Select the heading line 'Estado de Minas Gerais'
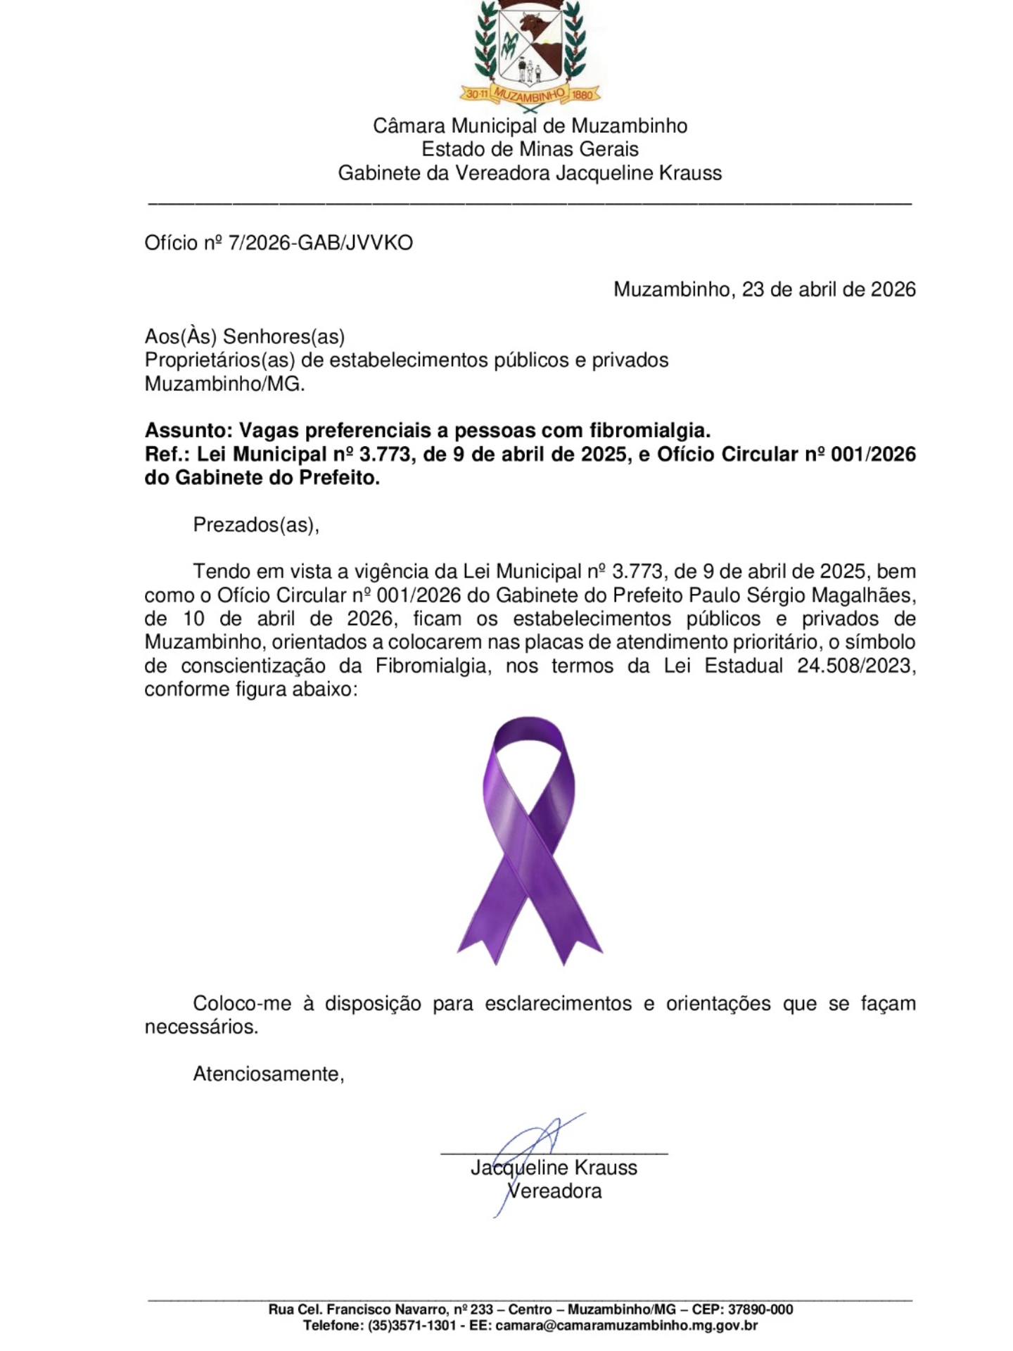(x=530, y=149)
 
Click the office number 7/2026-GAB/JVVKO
(x=320, y=243)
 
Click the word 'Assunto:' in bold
(x=188, y=430)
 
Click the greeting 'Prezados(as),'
(x=256, y=525)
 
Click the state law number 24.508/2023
(x=856, y=666)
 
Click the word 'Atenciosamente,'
(x=269, y=1074)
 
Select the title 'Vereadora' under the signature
(x=554, y=1191)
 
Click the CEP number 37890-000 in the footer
(x=761, y=1309)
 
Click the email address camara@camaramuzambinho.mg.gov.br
(x=626, y=1326)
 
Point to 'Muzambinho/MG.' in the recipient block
(x=224, y=384)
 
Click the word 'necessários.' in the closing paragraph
(x=201, y=1027)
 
